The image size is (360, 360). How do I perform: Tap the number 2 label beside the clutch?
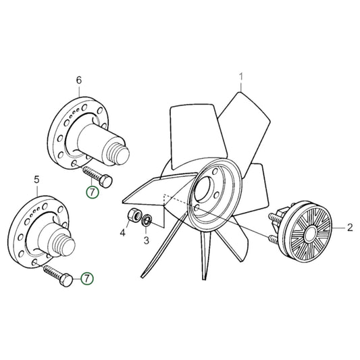[350, 229]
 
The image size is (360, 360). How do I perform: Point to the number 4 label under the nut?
[123, 234]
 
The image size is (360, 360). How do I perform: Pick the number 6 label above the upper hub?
[78, 80]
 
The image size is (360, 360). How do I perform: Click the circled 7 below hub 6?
[92, 192]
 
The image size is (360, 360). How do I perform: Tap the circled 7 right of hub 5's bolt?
[86, 278]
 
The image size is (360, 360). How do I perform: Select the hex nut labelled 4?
[134, 216]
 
